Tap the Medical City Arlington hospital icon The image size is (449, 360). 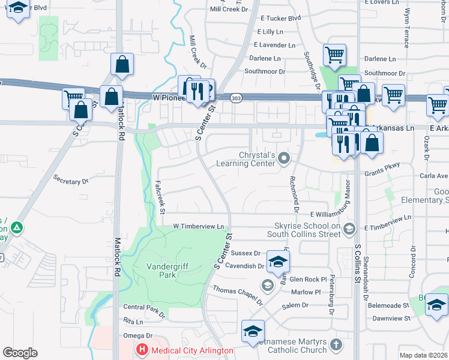142,350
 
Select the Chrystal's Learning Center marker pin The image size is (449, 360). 285,158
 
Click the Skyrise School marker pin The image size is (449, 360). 351,228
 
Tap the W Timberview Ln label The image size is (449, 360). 198,226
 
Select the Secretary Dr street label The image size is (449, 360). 70,180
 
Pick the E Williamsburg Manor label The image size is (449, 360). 331,214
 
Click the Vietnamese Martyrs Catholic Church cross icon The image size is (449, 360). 336,345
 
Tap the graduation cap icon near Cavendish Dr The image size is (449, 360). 278,260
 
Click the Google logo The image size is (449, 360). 20,352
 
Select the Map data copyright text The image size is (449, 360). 424,355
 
